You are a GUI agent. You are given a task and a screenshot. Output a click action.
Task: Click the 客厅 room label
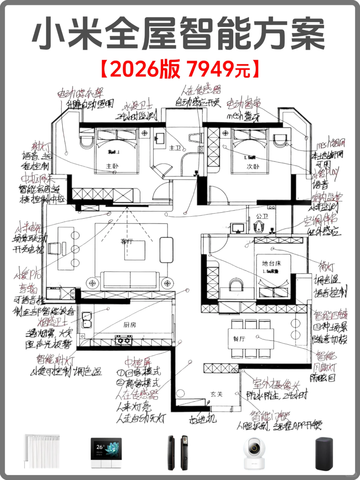coord(127,241)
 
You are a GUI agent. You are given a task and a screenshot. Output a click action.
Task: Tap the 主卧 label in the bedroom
coord(112,166)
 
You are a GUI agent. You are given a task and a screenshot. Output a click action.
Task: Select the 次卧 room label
coord(253,166)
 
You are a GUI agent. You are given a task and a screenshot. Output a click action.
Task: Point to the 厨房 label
coord(130,325)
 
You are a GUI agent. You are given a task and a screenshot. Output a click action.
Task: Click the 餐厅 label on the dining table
coord(239,339)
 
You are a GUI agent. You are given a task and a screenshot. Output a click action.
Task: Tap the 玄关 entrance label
coord(216,394)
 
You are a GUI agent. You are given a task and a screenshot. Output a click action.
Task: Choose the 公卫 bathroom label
coord(262,216)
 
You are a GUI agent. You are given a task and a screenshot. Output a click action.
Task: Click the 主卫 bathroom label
coord(175,148)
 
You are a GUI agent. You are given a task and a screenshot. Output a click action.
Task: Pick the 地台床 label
coord(272,263)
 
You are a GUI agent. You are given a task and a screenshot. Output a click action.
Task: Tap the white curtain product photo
coord(42,452)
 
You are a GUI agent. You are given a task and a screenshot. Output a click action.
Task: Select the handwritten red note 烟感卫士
coord(52,322)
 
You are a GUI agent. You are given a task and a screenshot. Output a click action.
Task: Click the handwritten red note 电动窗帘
coord(244,104)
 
